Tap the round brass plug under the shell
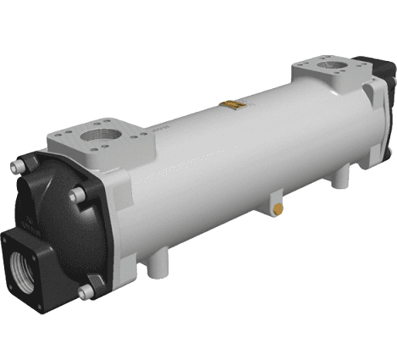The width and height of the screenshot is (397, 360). pyautogui.click(x=276, y=208)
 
